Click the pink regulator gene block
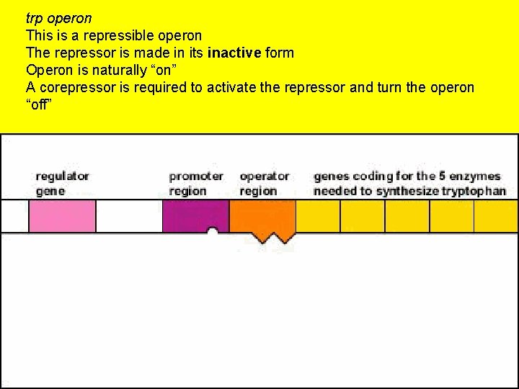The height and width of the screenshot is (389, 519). [x=62, y=216]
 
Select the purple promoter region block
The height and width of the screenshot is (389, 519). [x=195, y=216]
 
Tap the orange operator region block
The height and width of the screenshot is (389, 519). [x=262, y=216]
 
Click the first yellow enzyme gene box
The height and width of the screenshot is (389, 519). [x=318, y=216]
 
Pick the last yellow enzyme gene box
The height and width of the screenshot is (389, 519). [x=496, y=216]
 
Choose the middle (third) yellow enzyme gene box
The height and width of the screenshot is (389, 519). [x=407, y=216]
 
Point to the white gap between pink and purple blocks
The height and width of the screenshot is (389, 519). [x=129, y=216]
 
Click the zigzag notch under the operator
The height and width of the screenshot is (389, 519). [x=267, y=238]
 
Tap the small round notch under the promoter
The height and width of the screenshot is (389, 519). [x=213, y=232]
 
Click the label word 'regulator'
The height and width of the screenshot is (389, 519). [x=63, y=176]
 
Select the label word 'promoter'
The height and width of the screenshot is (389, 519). [x=196, y=176]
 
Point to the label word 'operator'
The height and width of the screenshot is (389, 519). [x=265, y=176]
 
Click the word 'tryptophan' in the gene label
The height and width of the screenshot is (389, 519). [x=474, y=191]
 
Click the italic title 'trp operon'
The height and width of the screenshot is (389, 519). [x=58, y=17]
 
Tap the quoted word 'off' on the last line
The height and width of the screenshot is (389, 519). [x=39, y=105]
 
